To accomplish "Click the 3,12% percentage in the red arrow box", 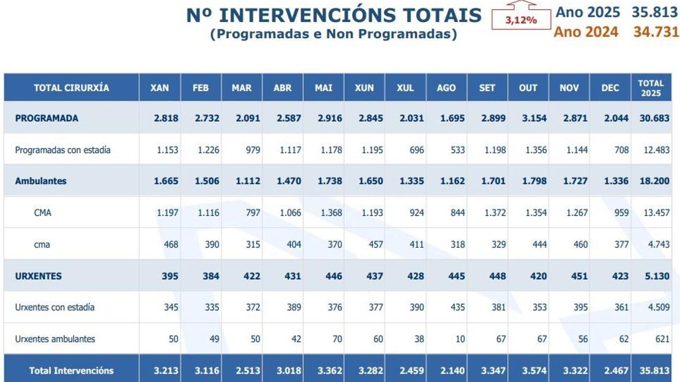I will tap(521, 20).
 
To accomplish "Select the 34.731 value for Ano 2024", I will tap(656, 32).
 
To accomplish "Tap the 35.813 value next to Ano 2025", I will tap(654, 12).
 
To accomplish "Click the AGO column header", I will tap(446, 88).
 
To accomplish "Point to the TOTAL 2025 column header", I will tap(651, 88).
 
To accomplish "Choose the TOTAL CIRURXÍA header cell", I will tap(71, 88).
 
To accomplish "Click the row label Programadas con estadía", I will tap(62, 150).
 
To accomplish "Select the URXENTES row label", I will tap(38, 276).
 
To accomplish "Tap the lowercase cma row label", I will tap(42, 244).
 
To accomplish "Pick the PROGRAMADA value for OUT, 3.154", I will tap(534, 118).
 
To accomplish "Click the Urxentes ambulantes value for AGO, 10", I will tap(460, 339).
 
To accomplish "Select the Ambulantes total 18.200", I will tap(654, 181).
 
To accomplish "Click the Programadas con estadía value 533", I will tap(457, 150).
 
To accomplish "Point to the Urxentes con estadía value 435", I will tap(457, 307).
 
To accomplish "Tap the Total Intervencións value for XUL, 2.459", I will tap(411, 371).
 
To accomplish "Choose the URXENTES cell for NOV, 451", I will tap(579, 276).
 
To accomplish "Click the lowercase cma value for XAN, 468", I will tap(171, 244).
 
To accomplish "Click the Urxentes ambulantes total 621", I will tap(662, 339).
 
